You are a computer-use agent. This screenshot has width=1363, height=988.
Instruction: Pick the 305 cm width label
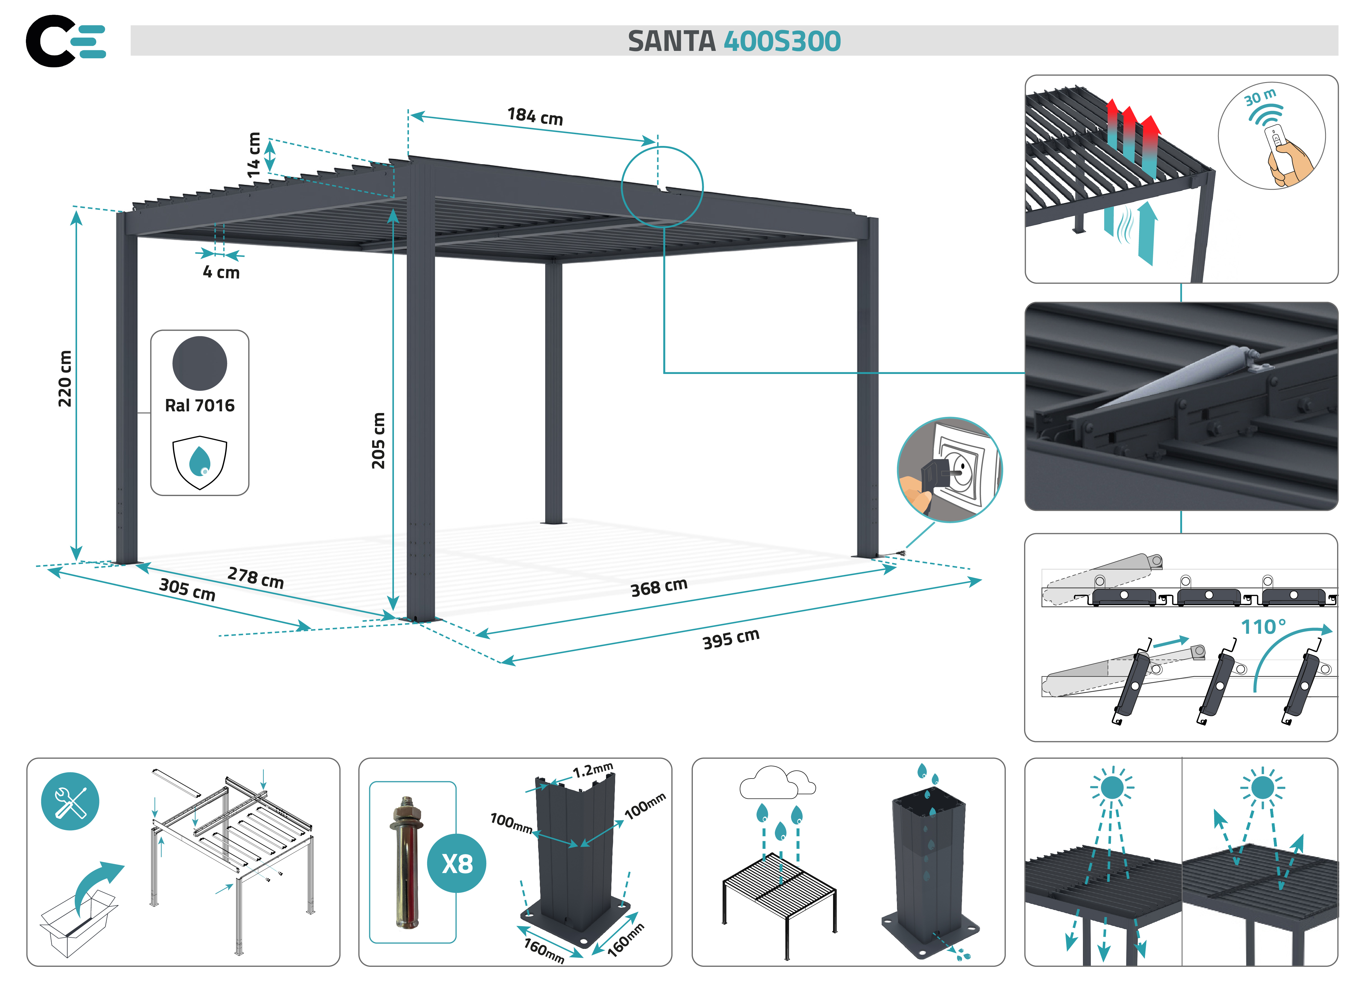(187, 589)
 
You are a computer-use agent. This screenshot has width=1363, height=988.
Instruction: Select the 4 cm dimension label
(221, 272)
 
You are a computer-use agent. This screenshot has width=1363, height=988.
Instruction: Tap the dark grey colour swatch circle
(199, 363)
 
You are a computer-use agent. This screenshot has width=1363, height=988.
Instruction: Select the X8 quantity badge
(457, 864)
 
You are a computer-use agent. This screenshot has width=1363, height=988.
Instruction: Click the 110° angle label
(1263, 627)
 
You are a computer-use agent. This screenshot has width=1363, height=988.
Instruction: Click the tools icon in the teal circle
(70, 801)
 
